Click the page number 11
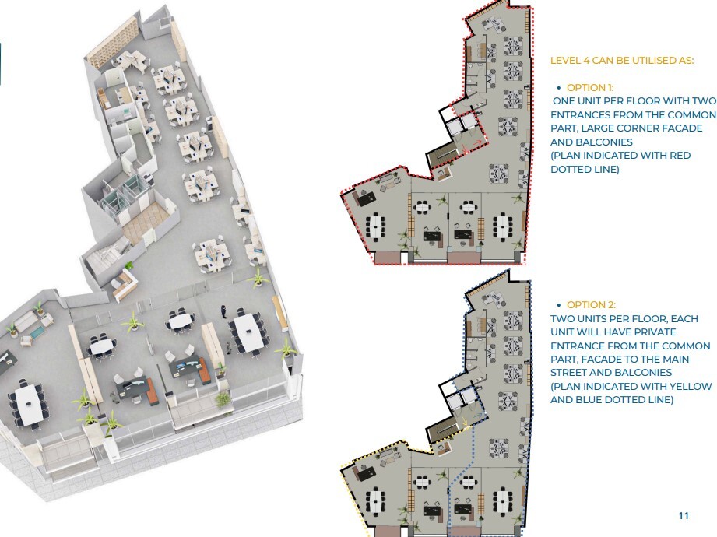(x=684, y=515)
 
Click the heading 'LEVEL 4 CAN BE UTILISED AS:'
(x=622, y=61)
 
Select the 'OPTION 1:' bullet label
(x=590, y=88)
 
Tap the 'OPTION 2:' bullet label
(x=591, y=305)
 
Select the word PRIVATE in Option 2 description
(x=655, y=332)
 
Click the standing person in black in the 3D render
(x=224, y=311)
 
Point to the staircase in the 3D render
(x=104, y=261)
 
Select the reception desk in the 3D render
(x=125, y=283)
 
